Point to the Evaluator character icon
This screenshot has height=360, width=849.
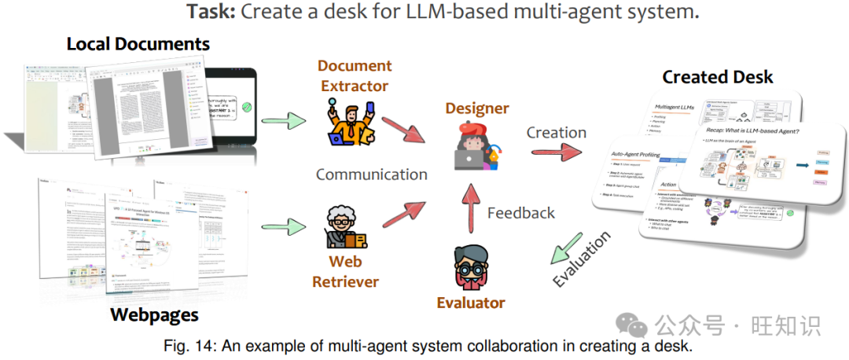pyautogui.click(x=472, y=267)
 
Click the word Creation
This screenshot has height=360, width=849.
pyautogui.click(x=557, y=132)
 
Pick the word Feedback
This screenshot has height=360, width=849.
pyautogui.click(x=521, y=212)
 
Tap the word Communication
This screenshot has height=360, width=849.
pyautogui.click(x=372, y=174)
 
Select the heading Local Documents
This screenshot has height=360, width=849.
pyautogui.click(x=138, y=44)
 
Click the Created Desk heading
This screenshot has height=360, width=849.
pyautogui.click(x=718, y=77)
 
